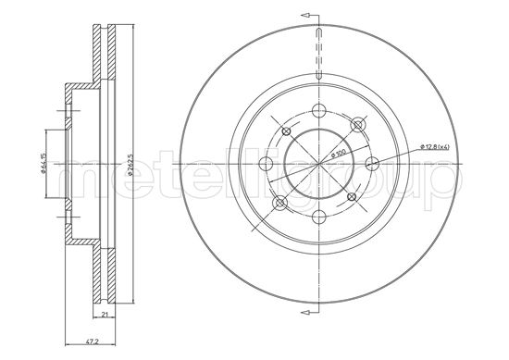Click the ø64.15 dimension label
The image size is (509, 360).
click(x=43, y=164)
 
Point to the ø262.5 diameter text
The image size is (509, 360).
click(x=130, y=165)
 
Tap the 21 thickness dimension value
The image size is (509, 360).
click(x=105, y=314)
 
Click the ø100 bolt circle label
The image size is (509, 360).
click(x=337, y=153)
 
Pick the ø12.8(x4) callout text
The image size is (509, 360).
click(x=434, y=147)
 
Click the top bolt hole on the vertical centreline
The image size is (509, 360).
click(x=319, y=110)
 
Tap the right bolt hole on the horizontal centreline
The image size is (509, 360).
click(x=372, y=163)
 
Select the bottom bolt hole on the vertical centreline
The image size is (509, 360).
click(x=319, y=217)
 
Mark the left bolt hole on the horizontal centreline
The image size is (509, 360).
click(x=267, y=163)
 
